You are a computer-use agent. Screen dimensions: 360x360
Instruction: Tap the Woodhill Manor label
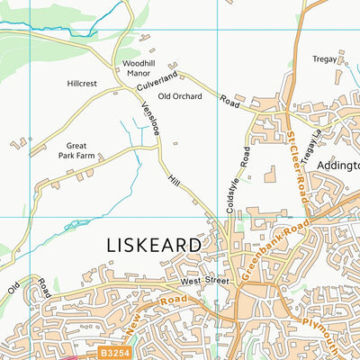pos(139,69)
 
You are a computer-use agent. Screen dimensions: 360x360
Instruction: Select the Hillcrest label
pos(82,83)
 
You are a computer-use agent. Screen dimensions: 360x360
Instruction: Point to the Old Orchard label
pos(180,96)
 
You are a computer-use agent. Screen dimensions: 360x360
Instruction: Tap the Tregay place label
pos(324,59)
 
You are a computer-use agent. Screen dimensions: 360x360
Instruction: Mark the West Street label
pos(201,283)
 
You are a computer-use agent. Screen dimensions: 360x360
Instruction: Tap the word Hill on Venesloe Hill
pos(175,181)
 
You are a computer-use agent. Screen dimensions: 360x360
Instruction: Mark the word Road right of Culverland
pos(232,102)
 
